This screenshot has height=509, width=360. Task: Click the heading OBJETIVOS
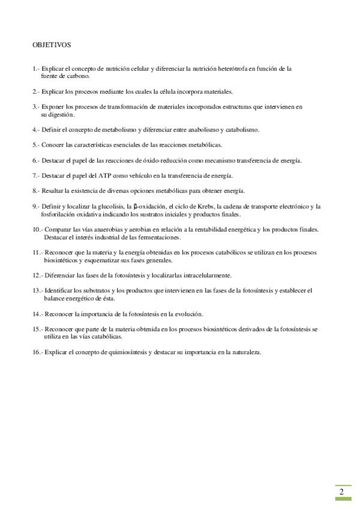52,44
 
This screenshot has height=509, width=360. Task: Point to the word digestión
59,114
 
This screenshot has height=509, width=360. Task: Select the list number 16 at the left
37,352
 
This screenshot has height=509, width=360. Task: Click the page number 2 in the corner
341,492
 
